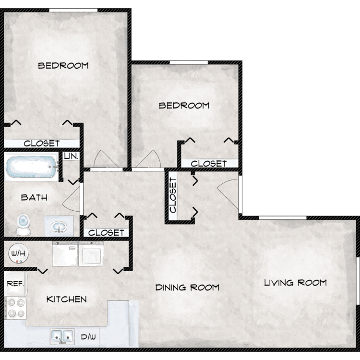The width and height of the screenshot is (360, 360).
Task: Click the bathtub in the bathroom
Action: point(32,167)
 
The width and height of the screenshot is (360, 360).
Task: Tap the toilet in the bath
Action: point(24,224)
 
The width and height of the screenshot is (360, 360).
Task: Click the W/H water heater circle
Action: point(18,253)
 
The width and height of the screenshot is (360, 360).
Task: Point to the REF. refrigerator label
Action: point(15,284)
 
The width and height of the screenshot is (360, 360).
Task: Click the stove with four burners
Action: point(16,308)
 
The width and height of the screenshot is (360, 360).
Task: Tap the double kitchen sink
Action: point(62,337)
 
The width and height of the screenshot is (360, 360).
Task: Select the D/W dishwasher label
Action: point(88,337)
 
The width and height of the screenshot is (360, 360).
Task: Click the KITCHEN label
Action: point(67,299)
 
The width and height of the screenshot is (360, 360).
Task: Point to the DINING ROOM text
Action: point(187,288)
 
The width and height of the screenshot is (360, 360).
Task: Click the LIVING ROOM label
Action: point(295,283)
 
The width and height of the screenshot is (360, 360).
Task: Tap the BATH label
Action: point(34,197)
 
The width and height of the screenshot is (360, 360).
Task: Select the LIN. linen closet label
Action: point(71,156)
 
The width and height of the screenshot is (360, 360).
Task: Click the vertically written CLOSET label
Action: point(173,195)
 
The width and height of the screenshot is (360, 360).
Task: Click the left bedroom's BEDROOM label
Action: point(63,66)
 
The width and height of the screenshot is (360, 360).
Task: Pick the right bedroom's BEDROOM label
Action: point(184,106)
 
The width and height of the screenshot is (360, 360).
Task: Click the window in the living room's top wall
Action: point(283,217)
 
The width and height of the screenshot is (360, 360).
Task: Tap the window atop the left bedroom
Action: point(73,10)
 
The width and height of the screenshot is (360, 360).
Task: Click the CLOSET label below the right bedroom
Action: point(209,164)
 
